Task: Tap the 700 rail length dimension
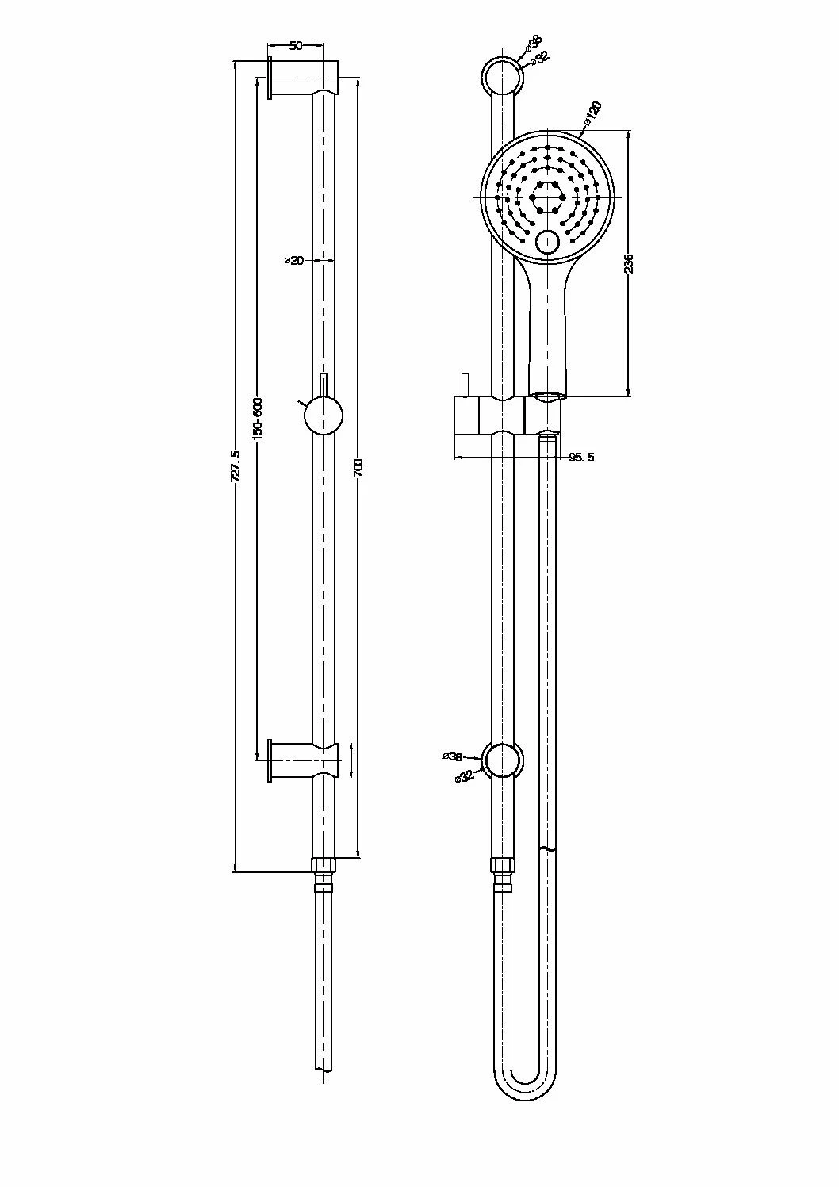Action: [x=358, y=469]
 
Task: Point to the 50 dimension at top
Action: [x=295, y=46]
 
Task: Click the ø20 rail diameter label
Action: [x=294, y=260]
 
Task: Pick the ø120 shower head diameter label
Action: [x=594, y=113]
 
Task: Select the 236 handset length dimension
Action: [x=629, y=263]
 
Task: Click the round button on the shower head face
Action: [x=547, y=242]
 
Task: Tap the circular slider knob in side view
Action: [x=323, y=415]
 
